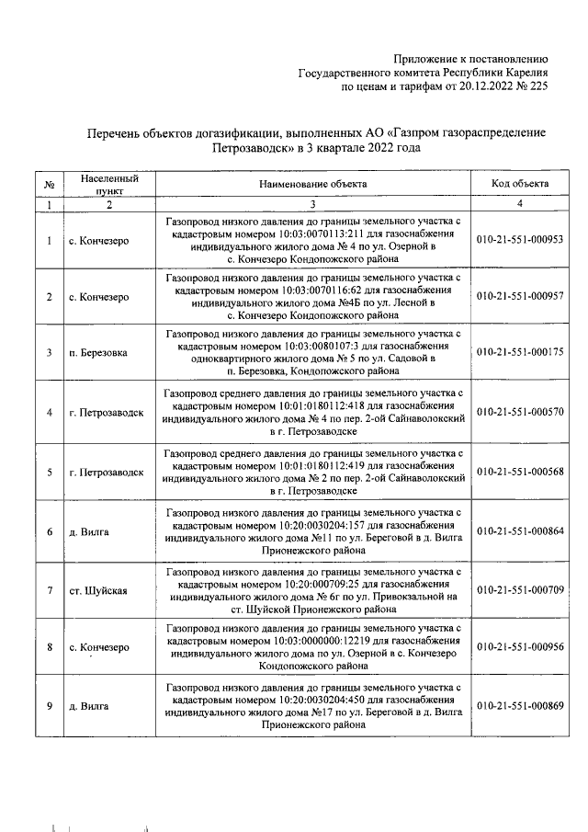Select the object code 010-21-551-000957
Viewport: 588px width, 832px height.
520,297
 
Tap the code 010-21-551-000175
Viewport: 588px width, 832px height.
520,353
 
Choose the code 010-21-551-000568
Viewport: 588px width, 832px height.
520,472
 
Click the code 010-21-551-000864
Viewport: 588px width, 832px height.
520,531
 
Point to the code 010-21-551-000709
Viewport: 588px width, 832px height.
520,589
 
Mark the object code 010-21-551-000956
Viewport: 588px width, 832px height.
520,647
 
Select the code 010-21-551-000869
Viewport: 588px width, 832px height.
520,706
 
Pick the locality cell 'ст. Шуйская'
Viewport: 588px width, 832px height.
97,589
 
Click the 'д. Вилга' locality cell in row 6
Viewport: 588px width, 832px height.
89,531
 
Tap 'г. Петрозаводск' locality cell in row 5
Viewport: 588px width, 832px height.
107,472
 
